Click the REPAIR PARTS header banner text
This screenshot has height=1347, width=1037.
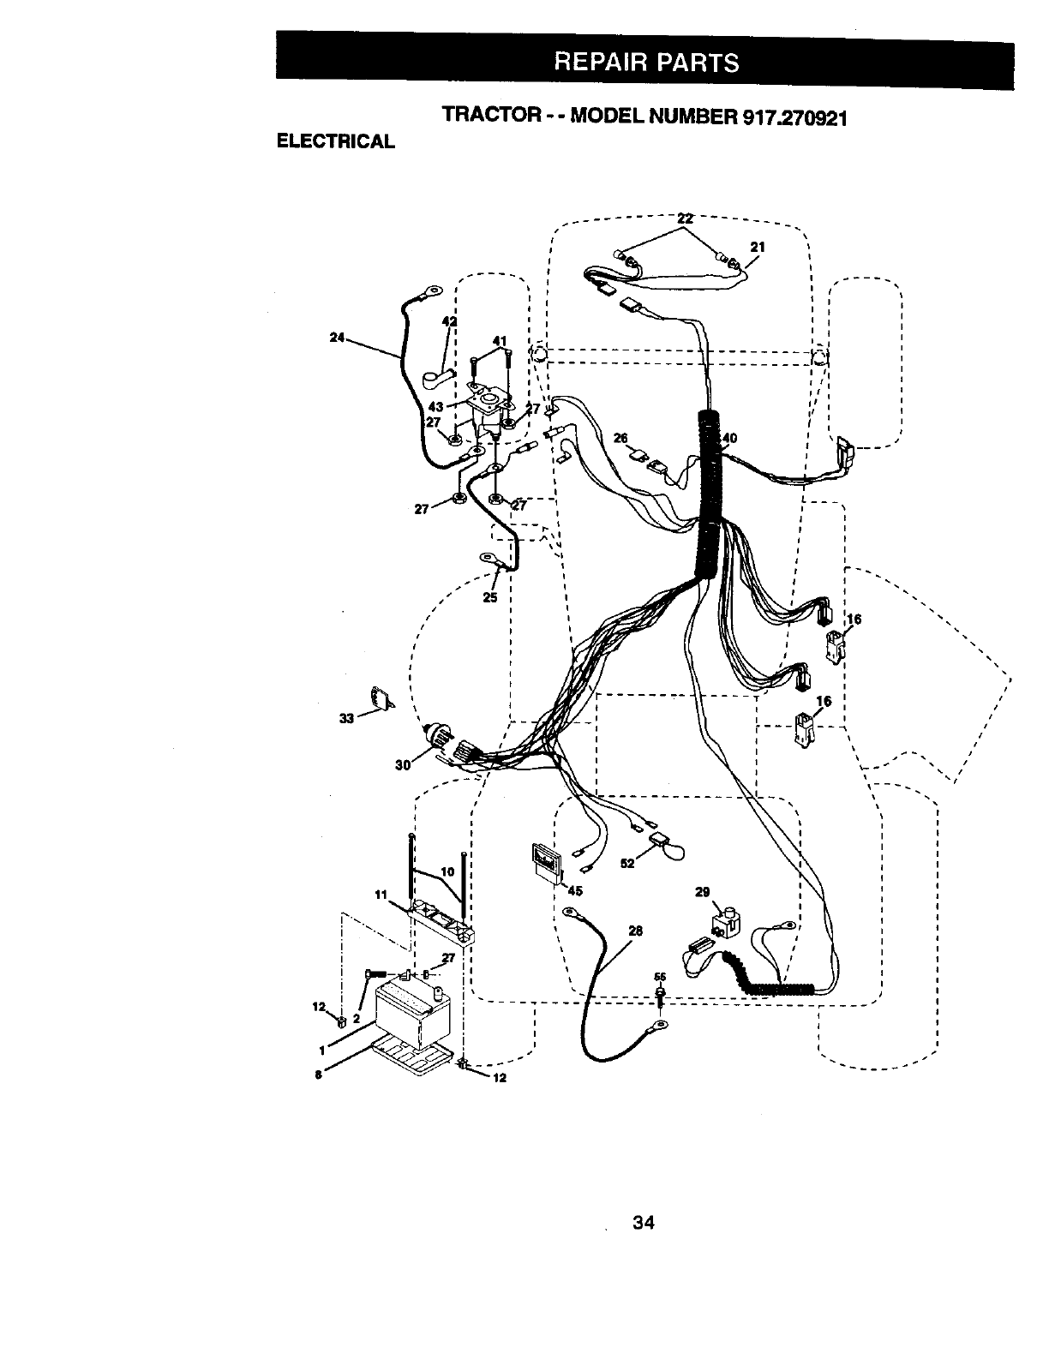click(x=645, y=62)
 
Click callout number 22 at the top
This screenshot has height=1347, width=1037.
click(x=685, y=219)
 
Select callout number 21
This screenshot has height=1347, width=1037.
click(x=757, y=247)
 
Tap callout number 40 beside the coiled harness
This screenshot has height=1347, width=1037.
click(x=729, y=440)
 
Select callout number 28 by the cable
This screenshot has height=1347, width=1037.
click(x=635, y=931)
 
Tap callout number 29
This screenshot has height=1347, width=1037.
click(x=702, y=892)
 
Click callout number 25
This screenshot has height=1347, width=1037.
click(x=490, y=597)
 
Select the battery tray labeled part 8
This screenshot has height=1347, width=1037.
click(x=411, y=1057)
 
